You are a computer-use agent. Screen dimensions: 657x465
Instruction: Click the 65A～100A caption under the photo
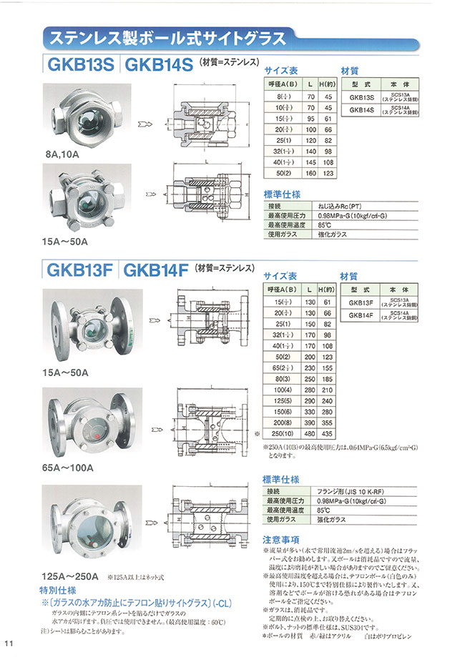point(70,468)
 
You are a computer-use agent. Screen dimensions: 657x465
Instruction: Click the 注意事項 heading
point(280,539)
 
